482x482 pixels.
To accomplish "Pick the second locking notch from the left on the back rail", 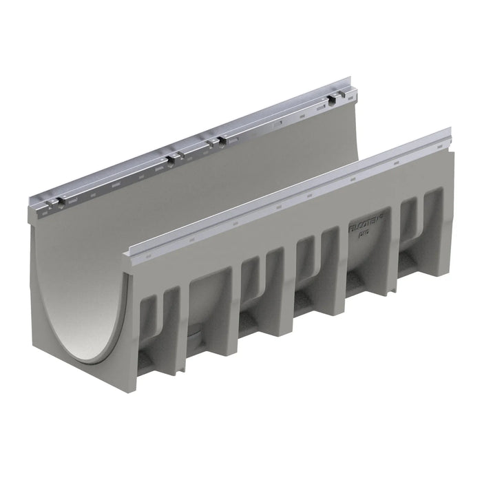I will click(x=169, y=160).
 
